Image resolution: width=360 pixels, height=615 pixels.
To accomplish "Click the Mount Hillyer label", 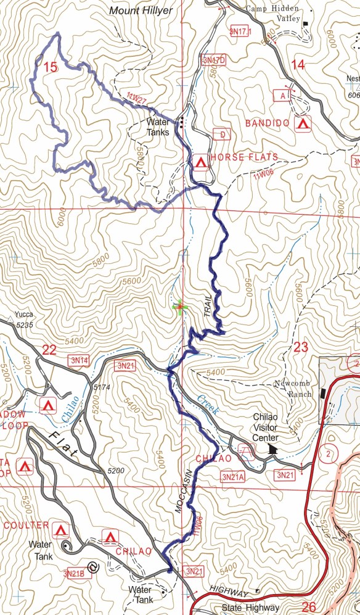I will pos(141,10).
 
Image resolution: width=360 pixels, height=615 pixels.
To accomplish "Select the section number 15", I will pos(51,67).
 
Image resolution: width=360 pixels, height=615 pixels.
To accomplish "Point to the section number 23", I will pos(300,347).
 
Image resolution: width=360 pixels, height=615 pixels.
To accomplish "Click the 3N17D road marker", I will pos(213,60).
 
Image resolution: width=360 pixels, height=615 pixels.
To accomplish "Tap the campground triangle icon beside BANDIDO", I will pos(302,124).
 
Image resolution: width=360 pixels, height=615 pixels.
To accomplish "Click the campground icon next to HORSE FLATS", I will pos(200,163).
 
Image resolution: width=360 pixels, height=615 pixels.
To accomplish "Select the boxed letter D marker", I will pos(221,134).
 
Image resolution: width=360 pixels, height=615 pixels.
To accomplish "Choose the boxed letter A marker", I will pos(282,96).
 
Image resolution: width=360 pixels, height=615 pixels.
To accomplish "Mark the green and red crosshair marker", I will pos(179,307).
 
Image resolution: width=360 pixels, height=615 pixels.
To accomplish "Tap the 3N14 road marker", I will pos(80,360).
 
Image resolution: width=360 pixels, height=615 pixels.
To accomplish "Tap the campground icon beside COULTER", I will pos(60,530).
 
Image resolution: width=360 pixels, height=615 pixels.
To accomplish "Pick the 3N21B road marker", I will pos(73,574).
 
